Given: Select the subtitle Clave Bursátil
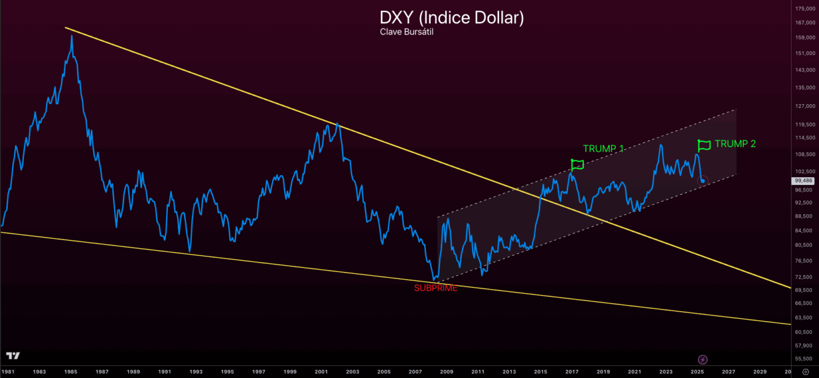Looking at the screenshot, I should [406, 32].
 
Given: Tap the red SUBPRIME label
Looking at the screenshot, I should [435, 288].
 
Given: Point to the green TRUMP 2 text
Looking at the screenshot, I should [735, 143].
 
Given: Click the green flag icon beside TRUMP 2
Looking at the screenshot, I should [704, 145].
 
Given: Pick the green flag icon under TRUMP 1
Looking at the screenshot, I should [577, 164].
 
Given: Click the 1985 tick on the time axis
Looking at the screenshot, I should [71, 372].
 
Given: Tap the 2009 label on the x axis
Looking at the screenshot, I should [447, 372].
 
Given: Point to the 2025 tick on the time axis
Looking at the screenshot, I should [697, 372].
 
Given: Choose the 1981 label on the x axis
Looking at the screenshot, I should [8, 372].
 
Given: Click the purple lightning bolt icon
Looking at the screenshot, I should [703, 359].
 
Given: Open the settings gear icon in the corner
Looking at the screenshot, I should [806, 372].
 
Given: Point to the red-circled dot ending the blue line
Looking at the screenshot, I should [703, 180].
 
